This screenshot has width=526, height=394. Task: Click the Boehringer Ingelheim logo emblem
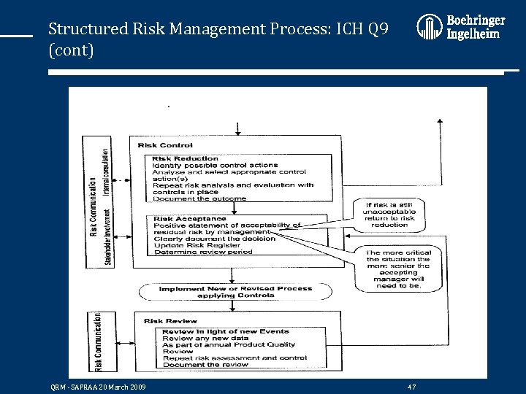coord(429,27)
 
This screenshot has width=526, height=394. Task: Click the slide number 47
coord(412,386)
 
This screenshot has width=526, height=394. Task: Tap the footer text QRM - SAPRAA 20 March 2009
coord(97,386)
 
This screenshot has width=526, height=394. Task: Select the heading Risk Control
coord(165,145)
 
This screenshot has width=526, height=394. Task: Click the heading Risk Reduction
coord(186,158)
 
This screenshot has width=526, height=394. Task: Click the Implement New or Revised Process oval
coord(235,291)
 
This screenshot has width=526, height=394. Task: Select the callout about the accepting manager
coord(399,269)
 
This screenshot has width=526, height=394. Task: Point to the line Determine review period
coord(202,252)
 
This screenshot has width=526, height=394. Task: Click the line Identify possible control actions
coord(215,165)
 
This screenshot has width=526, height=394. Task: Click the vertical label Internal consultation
coord(106,172)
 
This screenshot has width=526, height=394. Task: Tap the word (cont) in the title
coord(71,51)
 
